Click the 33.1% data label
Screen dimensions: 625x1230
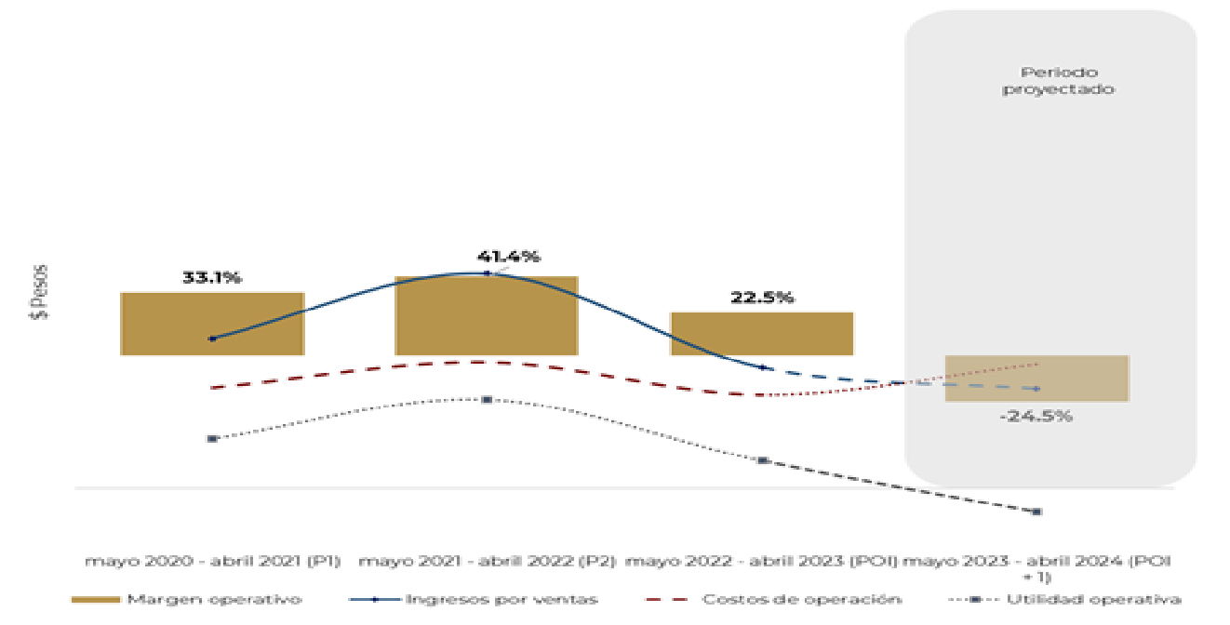tap(211, 277)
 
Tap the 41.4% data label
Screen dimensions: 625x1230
tap(508, 257)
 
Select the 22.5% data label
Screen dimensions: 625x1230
tap(762, 298)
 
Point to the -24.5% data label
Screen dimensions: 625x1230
tap(1036, 416)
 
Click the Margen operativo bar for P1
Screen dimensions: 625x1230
tap(212, 323)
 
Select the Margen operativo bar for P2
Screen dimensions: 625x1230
tap(486, 315)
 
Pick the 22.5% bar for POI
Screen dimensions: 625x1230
tap(762, 333)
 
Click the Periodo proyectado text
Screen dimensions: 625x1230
tap(1059, 81)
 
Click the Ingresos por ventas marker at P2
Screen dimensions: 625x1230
tap(487, 273)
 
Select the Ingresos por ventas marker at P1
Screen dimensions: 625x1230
tap(212, 339)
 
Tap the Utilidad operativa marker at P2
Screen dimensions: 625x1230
tap(487, 400)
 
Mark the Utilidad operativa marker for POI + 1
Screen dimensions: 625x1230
tap(1036, 512)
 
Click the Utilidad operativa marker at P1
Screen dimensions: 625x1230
tap(212, 438)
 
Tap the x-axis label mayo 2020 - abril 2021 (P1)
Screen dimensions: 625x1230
tap(212, 562)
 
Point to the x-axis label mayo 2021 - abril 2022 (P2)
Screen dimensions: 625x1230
tap(486, 562)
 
